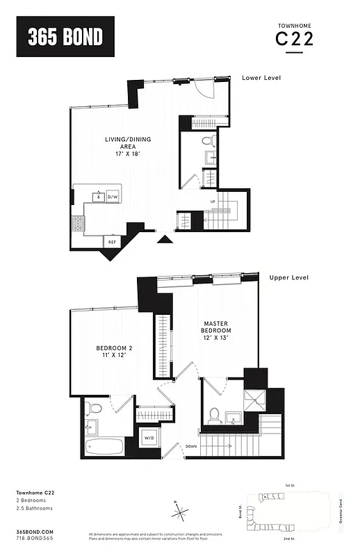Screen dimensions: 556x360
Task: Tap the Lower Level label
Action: click(x=261, y=78)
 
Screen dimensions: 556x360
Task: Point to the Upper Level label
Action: click(x=288, y=277)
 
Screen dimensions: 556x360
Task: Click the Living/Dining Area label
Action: click(x=127, y=145)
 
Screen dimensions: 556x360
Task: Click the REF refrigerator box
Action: click(x=111, y=242)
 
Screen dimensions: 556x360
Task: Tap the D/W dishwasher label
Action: click(x=112, y=197)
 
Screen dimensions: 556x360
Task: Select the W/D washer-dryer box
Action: click(x=149, y=439)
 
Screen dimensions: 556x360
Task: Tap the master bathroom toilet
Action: click(x=215, y=415)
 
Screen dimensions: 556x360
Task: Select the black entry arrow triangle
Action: click(x=165, y=240)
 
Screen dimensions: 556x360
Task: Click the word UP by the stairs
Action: click(x=213, y=202)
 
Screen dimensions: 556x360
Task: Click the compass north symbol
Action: click(x=180, y=514)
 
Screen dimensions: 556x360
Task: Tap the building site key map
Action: click(x=286, y=512)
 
